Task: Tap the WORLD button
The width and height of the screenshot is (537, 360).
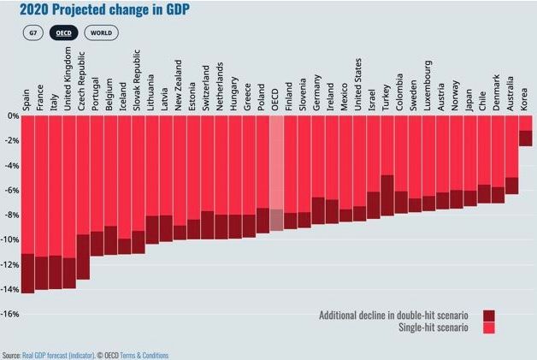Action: [x=101, y=32]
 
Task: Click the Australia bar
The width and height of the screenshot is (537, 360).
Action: [x=511, y=155]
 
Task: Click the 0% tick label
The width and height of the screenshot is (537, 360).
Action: [x=12, y=115]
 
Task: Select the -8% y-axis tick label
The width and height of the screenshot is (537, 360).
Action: [x=11, y=215]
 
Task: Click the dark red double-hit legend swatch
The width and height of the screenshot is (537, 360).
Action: [x=489, y=316]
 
